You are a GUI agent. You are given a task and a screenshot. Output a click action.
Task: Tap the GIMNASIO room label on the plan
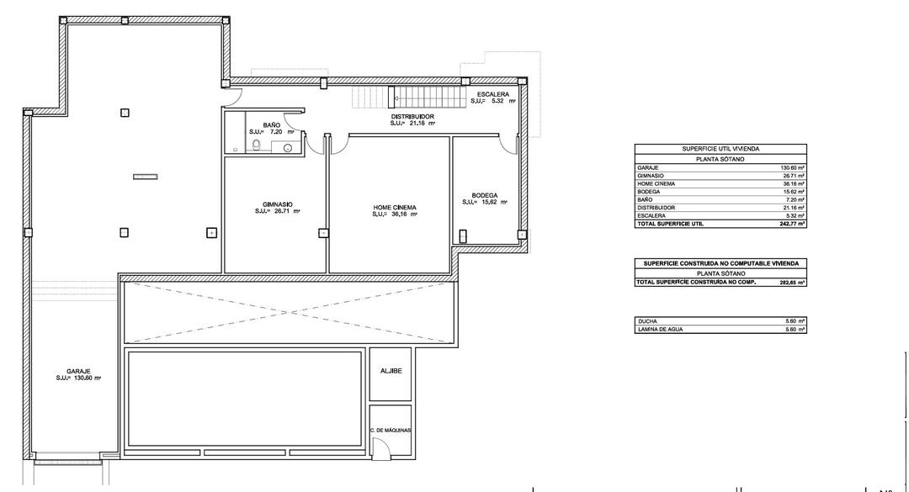click(x=277, y=204)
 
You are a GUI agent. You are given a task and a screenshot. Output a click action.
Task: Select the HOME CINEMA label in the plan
click(x=395, y=207)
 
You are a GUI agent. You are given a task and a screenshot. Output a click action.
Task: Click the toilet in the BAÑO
click(x=257, y=147)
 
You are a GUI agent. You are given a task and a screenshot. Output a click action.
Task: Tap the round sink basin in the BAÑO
click(x=287, y=148)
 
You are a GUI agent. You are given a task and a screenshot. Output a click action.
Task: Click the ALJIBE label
click(x=390, y=369)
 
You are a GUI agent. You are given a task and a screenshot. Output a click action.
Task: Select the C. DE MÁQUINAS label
click(x=390, y=430)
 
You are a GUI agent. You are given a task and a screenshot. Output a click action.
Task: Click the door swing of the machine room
click(x=381, y=447)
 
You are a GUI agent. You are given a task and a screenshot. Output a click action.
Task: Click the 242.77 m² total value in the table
click(x=792, y=224)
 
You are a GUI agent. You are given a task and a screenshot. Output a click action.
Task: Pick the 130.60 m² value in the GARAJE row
click(x=793, y=167)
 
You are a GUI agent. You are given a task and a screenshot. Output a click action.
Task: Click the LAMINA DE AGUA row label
click(x=660, y=329)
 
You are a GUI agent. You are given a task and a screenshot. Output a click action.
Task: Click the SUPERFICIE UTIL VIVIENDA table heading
click(x=720, y=148)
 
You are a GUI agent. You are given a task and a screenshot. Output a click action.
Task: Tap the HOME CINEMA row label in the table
click(x=656, y=183)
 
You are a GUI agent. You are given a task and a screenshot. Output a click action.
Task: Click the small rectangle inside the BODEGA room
click(x=463, y=236)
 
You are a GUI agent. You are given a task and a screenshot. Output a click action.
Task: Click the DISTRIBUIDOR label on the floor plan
click(x=412, y=116)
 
